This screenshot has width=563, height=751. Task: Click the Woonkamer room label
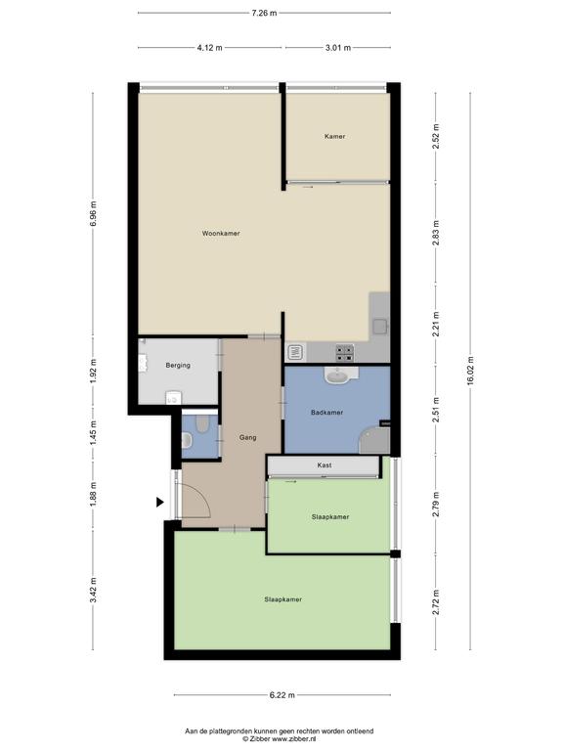[221, 234]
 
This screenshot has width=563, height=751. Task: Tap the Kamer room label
[334, 137]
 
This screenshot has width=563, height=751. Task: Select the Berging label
[178, 366]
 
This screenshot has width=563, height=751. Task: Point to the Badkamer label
[327, 413]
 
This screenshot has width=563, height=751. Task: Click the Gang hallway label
[248, 438]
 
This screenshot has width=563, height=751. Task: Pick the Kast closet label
[325, 465]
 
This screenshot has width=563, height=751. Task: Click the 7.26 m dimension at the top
[264, 13]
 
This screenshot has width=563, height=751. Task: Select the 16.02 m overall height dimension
[470, 371]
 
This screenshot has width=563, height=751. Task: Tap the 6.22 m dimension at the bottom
[281, 695]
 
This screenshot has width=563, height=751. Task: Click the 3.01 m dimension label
[338, 47]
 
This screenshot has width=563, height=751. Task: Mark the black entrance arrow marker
[160, 502]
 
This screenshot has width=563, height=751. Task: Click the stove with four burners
[345, 353]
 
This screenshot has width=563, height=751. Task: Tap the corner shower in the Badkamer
[374, 441]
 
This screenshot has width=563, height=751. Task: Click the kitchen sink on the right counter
[380, 327]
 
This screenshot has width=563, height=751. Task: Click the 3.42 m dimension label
[93, 590]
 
